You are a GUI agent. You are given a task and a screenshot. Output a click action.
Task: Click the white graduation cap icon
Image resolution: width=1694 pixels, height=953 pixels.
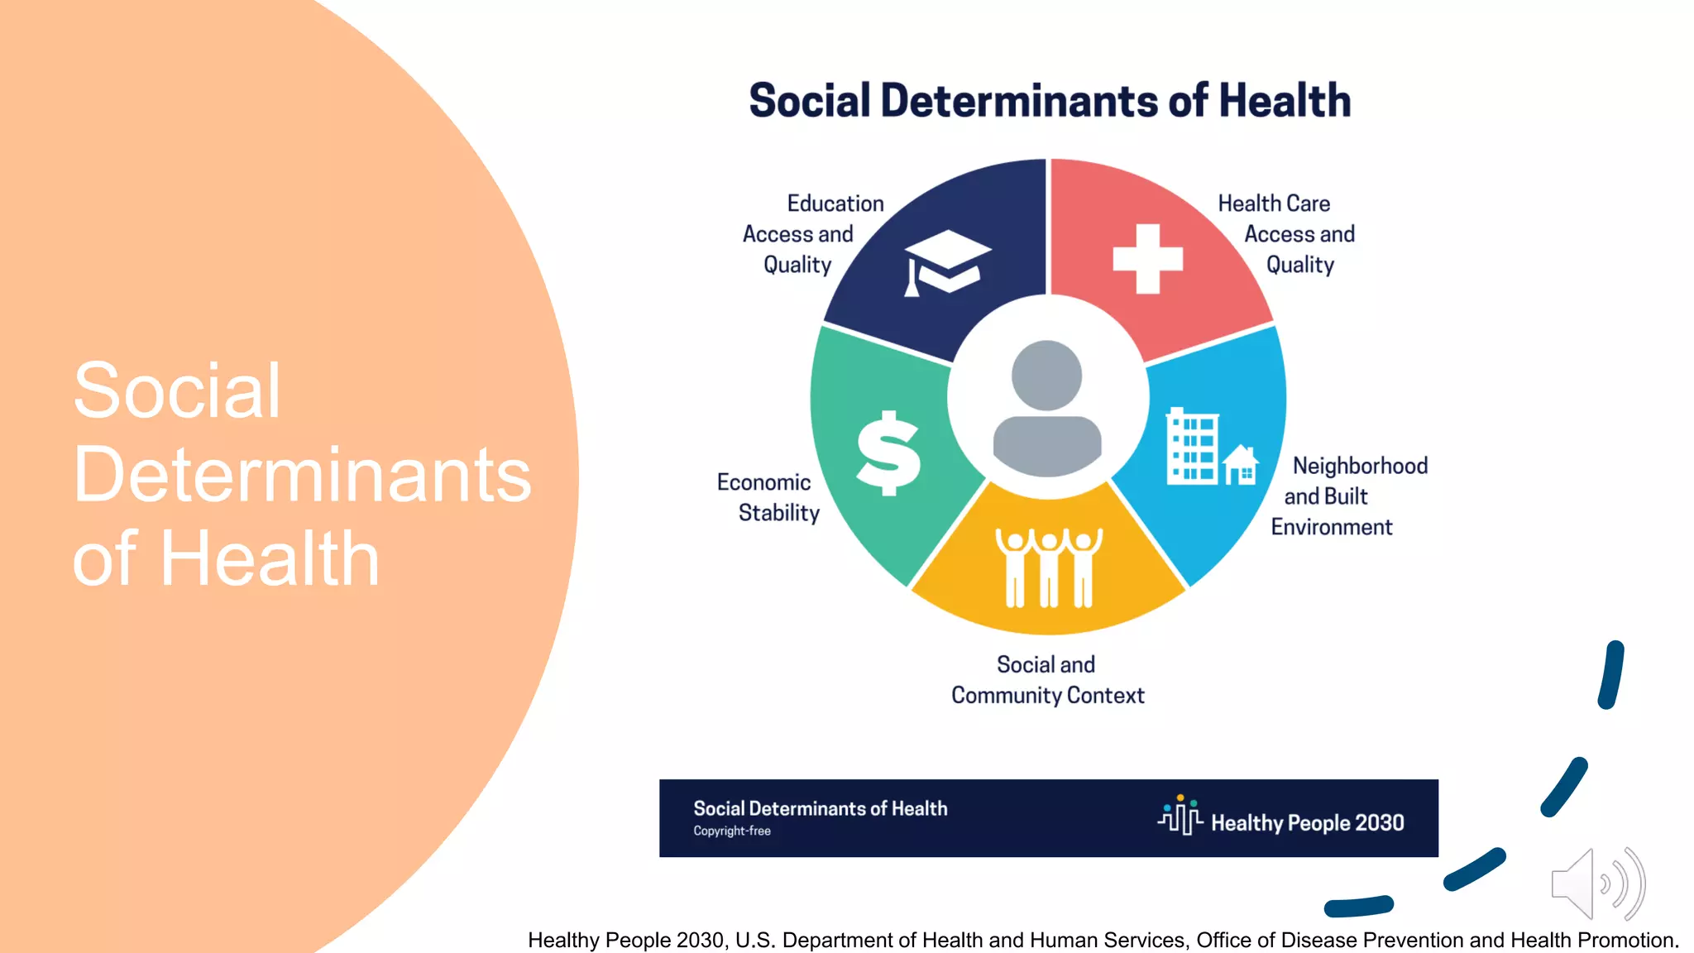(x=946, y=261)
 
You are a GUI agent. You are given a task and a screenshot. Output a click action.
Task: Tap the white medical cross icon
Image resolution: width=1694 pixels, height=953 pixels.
(x=1147, y=259)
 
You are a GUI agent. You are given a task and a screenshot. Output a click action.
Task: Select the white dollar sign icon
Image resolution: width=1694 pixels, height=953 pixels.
(x=888, y=453)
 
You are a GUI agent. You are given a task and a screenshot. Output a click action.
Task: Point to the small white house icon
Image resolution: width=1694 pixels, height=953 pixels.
(x=1241, y=464)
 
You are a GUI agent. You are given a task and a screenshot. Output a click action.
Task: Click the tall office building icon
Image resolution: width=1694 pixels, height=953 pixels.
(x=1191, y=447)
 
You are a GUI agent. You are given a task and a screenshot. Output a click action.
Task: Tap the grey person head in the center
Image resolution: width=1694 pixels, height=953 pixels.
(x=1046, y=376)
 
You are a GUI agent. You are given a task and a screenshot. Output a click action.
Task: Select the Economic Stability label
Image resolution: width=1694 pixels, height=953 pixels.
(x=768, y=497)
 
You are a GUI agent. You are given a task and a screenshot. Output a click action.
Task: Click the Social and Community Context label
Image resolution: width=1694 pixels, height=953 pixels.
(x=1047, y=680)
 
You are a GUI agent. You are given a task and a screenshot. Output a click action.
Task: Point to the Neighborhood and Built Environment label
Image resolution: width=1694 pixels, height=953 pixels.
(x=1348, y=496)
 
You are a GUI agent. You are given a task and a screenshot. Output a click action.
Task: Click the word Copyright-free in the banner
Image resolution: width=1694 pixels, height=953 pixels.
(x=732, y=831)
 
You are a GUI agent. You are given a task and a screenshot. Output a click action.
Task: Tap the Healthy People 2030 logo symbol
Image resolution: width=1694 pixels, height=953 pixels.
(x=1180, y=816)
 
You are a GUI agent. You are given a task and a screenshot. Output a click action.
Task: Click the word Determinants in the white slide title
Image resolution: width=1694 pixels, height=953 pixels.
(x=302, y=475)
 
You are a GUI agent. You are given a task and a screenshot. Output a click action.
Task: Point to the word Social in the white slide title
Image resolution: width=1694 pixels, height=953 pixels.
(x=177, y=390)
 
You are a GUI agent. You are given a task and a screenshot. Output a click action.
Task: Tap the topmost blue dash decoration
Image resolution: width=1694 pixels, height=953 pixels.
(x=1611, y=674)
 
